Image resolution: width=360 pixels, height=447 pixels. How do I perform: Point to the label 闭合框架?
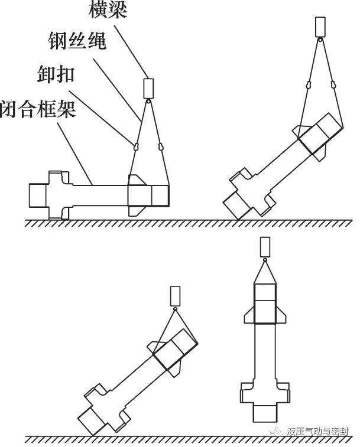click(39, 109)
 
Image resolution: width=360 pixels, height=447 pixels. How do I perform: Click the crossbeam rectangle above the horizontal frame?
click(148, 88)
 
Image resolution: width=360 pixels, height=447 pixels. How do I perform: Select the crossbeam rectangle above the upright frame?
click(265, 246)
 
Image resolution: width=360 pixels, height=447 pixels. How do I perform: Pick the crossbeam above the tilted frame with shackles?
click(321, 27)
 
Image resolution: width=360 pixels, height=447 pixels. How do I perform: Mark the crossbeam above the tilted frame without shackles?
click(175, 295)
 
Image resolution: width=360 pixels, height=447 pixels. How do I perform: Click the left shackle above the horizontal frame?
click(137, 144)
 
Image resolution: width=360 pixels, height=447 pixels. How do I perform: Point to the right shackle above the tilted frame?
click(334, 86)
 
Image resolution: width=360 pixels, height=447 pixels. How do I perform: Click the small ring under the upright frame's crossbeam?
click(265, 260)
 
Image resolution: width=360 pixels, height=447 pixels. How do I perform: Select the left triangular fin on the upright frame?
click(248, 315)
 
